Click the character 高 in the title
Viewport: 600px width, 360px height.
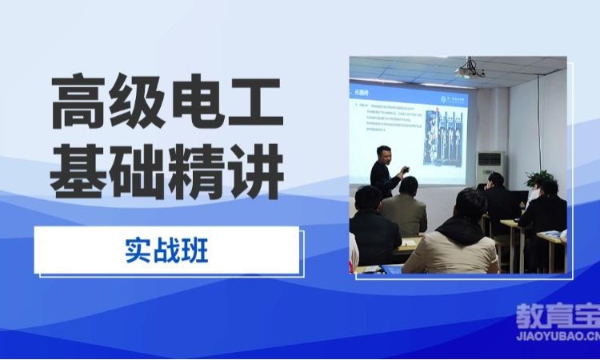[79, 102]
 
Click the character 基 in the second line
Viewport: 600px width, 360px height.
[79, 170]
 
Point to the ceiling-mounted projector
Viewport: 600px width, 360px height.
[470, 70]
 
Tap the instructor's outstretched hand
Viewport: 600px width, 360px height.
[406, 170]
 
